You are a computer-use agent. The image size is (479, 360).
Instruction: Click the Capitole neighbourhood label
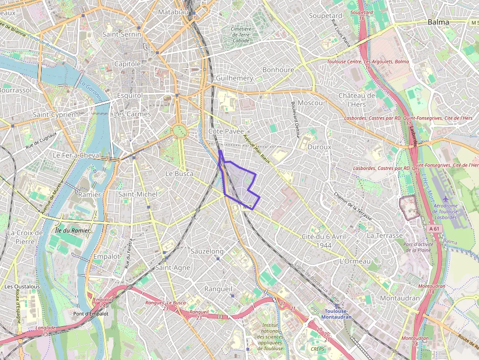click(x=127, y=64)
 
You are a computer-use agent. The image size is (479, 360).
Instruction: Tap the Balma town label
click(x=438, y=22)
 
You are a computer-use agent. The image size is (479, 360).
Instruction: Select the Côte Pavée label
click(x=225, y=131)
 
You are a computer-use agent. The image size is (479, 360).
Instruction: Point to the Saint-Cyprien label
click(x=54, y=114)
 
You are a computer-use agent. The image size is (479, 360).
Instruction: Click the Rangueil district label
click(x=218, y=289)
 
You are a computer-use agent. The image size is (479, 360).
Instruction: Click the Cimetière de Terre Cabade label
click(x=240, y=35)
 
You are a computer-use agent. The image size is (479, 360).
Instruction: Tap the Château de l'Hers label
click(x=357, y=100)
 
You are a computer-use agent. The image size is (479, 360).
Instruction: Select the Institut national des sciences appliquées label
click(x=270, y=337)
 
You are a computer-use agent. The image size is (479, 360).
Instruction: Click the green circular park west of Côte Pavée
click(x=179, y=130)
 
